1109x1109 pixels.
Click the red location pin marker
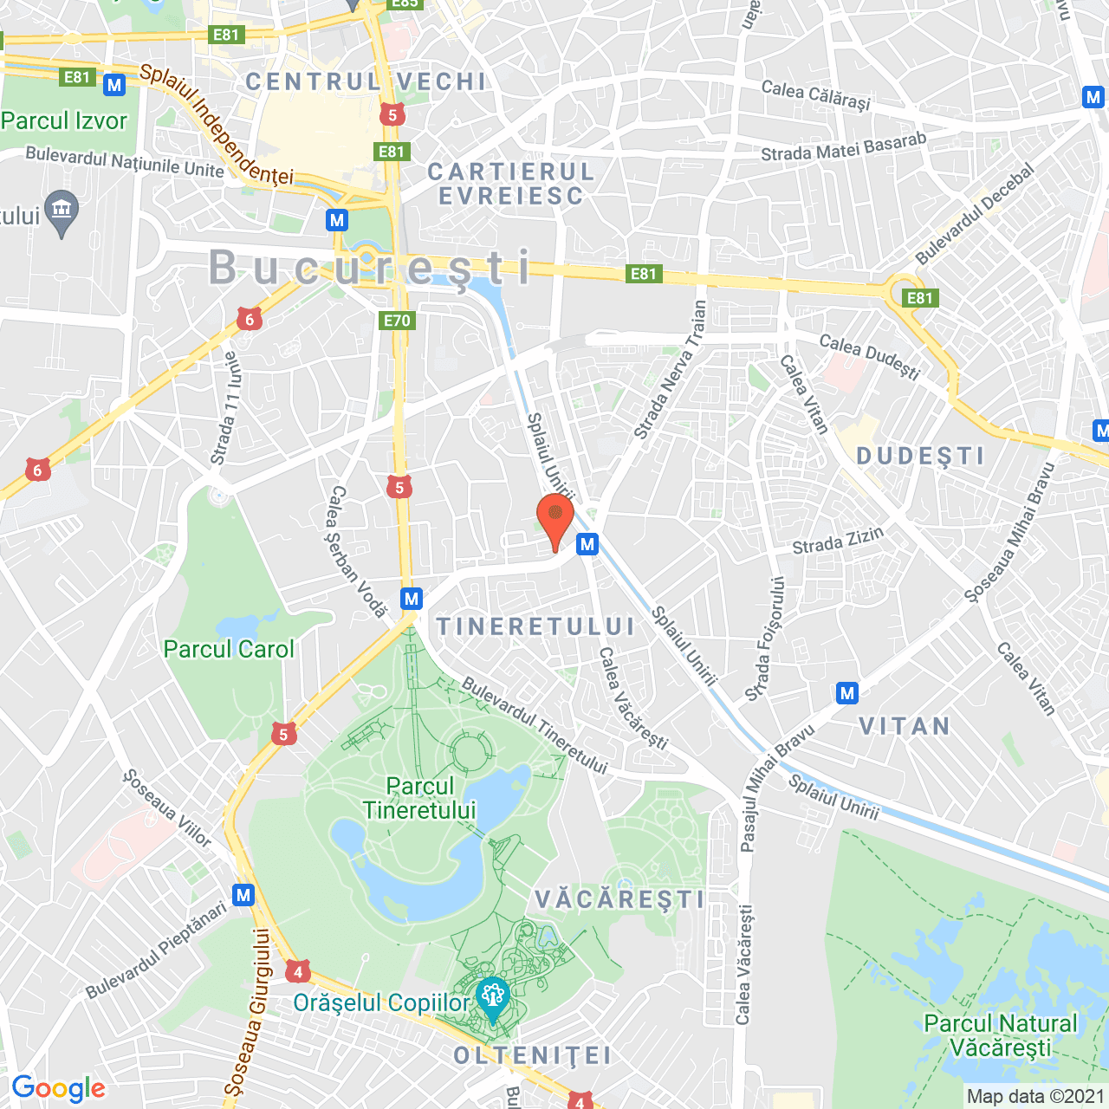[555, 518]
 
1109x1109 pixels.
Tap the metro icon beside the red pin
[587, 544]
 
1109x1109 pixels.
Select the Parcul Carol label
[229, 649]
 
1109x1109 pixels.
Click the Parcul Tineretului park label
[420, 798]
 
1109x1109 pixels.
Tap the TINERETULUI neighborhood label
[535, 626]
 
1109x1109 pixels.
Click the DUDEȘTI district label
[921, 456]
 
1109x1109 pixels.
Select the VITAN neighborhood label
[905, 726]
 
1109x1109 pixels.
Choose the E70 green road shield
[397, 321]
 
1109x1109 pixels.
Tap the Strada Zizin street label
[838, 541]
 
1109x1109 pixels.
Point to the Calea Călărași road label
[815, 94]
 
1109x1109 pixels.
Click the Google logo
[59, 1088]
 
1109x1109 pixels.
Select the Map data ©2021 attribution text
[1035, 1096]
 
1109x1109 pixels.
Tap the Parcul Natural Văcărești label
[1001, 1035]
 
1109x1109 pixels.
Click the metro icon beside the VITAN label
[847, 693]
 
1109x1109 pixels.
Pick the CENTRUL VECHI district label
[366, 81]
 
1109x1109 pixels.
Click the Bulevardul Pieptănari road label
[156, 950]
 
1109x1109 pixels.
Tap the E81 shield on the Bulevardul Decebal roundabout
[919, 298]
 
